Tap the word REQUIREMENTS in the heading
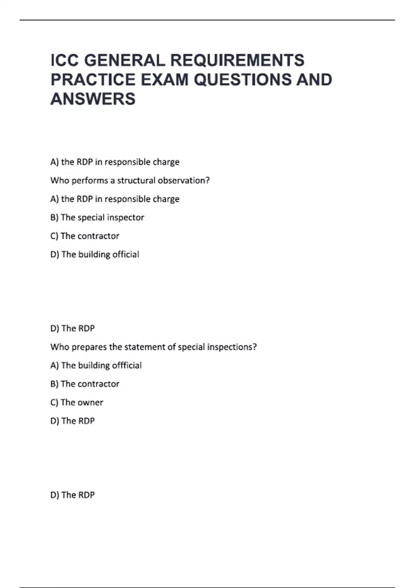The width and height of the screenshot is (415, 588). point(237,60)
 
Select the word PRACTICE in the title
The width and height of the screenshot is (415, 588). point(93,80)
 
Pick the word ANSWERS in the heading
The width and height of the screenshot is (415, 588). point(93,99)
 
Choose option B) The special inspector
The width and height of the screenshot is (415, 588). point(97,218)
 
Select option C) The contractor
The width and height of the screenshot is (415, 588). point(84,236)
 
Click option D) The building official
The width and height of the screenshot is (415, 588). point(94,255)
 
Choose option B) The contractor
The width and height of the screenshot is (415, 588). point(84,384)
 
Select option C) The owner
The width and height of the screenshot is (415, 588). point(76,403)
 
